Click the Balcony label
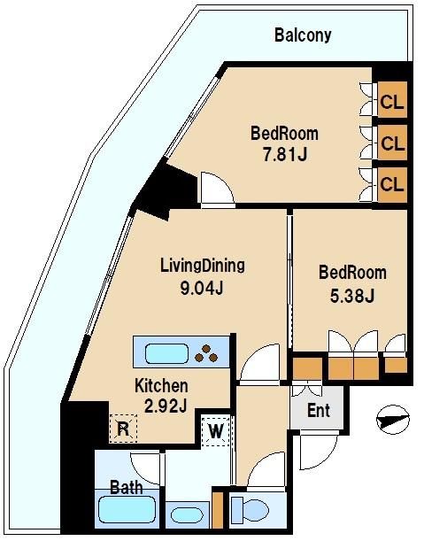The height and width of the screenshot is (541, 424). pos(303,35)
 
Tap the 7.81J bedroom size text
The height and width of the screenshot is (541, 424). pos(284,156)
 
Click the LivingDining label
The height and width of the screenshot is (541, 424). pos(202,265)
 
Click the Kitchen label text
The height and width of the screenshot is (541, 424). pos(161,385)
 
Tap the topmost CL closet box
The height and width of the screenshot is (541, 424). pos(392,102)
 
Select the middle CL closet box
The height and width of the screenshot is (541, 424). pos(392,143)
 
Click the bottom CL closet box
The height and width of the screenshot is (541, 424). pos(392,184)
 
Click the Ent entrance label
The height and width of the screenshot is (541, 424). pos(319,411)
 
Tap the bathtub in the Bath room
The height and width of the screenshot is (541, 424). pos(127,511)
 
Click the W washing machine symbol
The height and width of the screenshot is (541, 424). pos(215,432)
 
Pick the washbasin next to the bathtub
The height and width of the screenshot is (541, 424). pos(187,514)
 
